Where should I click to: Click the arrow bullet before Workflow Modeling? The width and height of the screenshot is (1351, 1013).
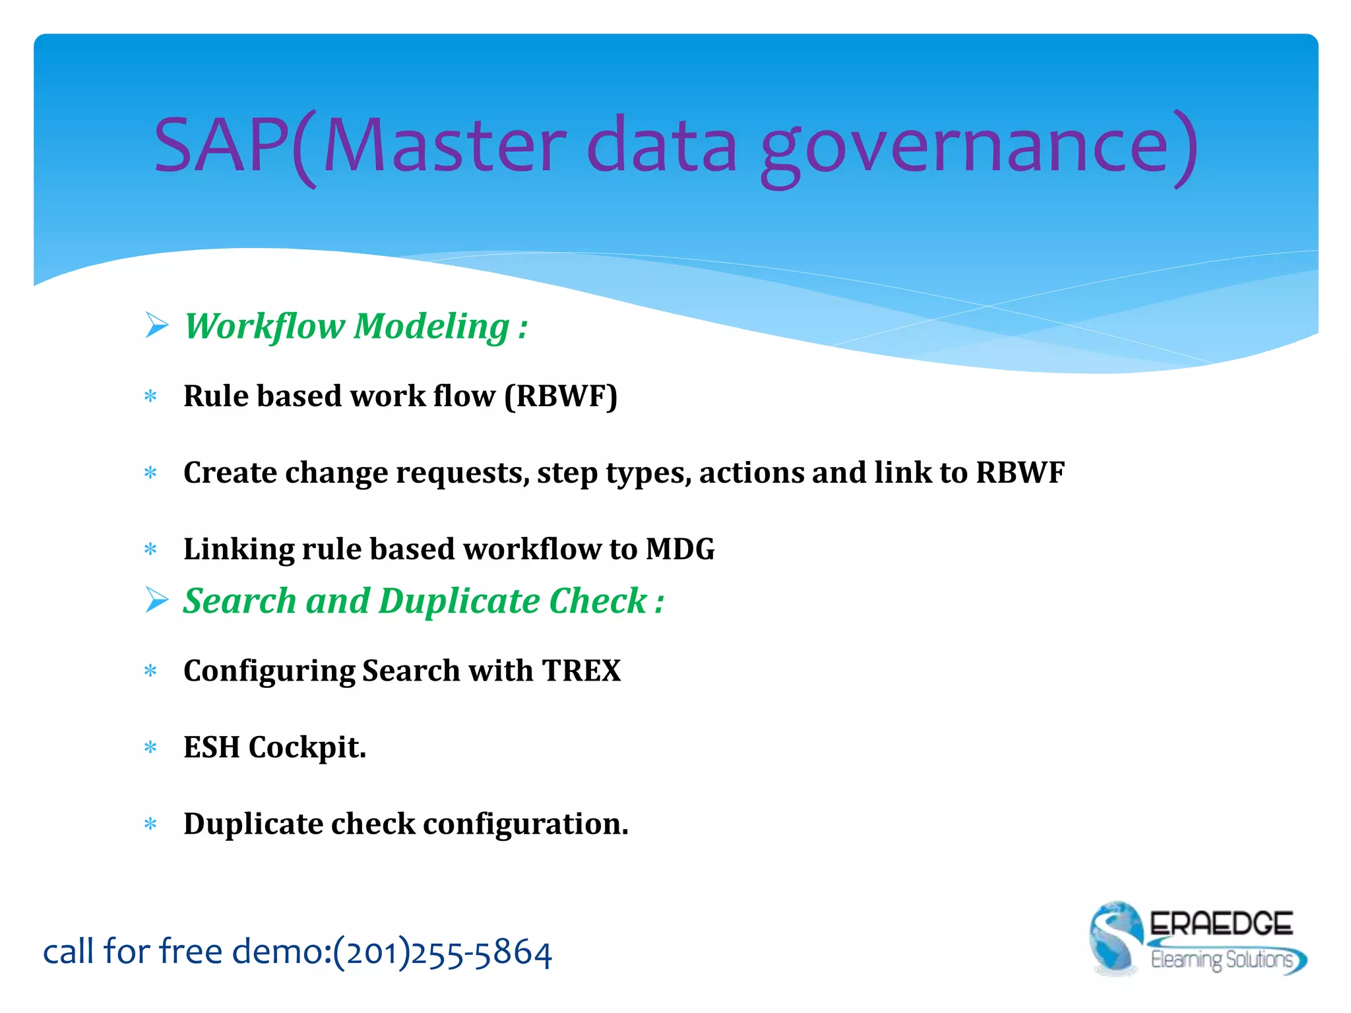157,325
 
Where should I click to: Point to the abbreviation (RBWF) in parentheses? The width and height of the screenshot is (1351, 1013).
561,396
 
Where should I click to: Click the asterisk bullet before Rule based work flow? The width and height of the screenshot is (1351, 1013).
150,397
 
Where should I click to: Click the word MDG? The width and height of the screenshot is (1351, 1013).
679,549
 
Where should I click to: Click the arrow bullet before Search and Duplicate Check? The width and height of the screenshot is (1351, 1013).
157,600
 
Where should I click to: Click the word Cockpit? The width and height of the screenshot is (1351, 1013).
307,748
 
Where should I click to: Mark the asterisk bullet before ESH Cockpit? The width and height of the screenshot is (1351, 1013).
150,748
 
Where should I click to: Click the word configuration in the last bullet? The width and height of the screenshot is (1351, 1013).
525,824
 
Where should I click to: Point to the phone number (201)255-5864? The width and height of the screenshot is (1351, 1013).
442,952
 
